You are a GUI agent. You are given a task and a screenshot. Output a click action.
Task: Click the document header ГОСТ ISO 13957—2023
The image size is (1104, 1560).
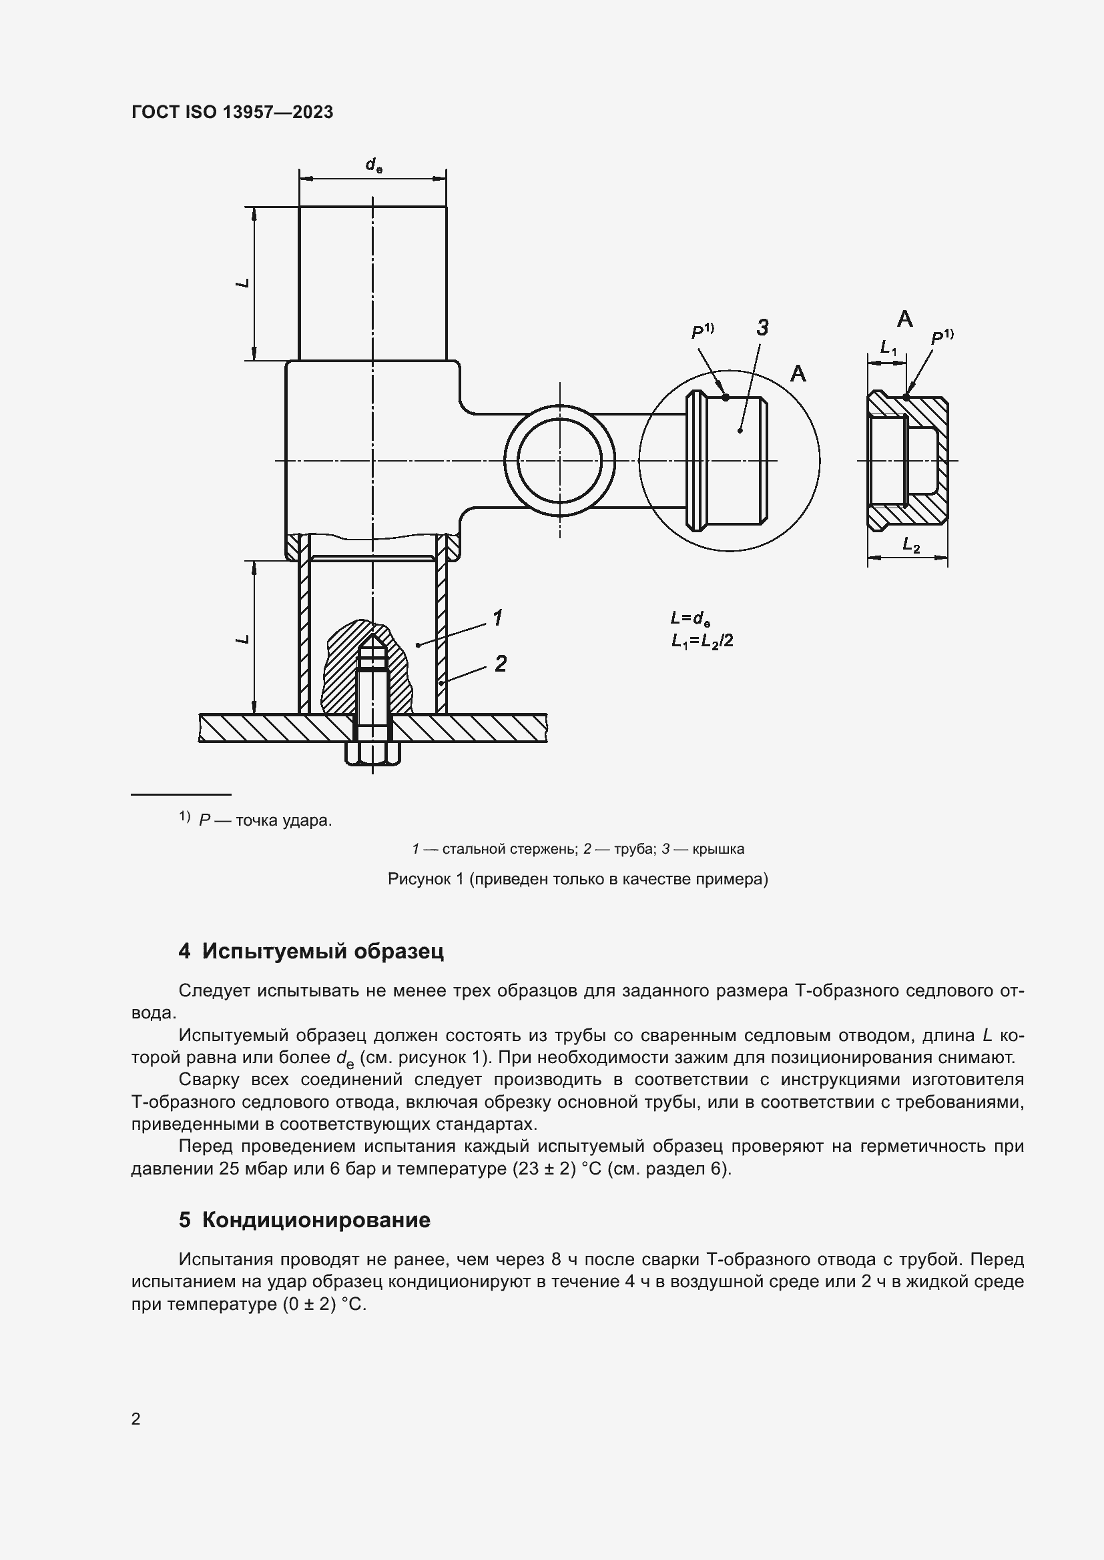coord(232,112)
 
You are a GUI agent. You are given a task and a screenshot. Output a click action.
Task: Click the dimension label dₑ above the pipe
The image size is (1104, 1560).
coord(373,165)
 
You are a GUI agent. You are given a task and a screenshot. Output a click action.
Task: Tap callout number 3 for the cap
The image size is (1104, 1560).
coord(762,328)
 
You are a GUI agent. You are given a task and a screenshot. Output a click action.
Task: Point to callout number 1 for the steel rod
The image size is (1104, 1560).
coord(498,618)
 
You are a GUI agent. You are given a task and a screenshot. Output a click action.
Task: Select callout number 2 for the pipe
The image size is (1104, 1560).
coord(501,663)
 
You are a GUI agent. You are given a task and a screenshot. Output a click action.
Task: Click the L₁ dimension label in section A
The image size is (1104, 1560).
coord(888,348)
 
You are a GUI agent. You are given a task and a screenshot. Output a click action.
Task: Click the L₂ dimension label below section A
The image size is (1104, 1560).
coord(911,545)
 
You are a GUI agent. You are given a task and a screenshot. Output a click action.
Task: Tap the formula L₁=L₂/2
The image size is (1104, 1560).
coord(702,640)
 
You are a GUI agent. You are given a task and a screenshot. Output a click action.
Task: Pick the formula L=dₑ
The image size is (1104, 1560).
coord(690,618)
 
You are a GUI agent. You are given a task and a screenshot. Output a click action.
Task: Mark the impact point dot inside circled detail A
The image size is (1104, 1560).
coord(726,398)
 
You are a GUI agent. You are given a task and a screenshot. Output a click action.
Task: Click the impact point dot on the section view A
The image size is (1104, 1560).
coord(906,397)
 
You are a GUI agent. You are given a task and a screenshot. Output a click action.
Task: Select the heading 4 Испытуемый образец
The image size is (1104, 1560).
coord(310,950)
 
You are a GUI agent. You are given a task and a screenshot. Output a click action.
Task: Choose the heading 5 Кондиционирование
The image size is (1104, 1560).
coord(304,1220)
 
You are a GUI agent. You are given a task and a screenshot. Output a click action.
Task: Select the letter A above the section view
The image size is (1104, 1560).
coord(905,318)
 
